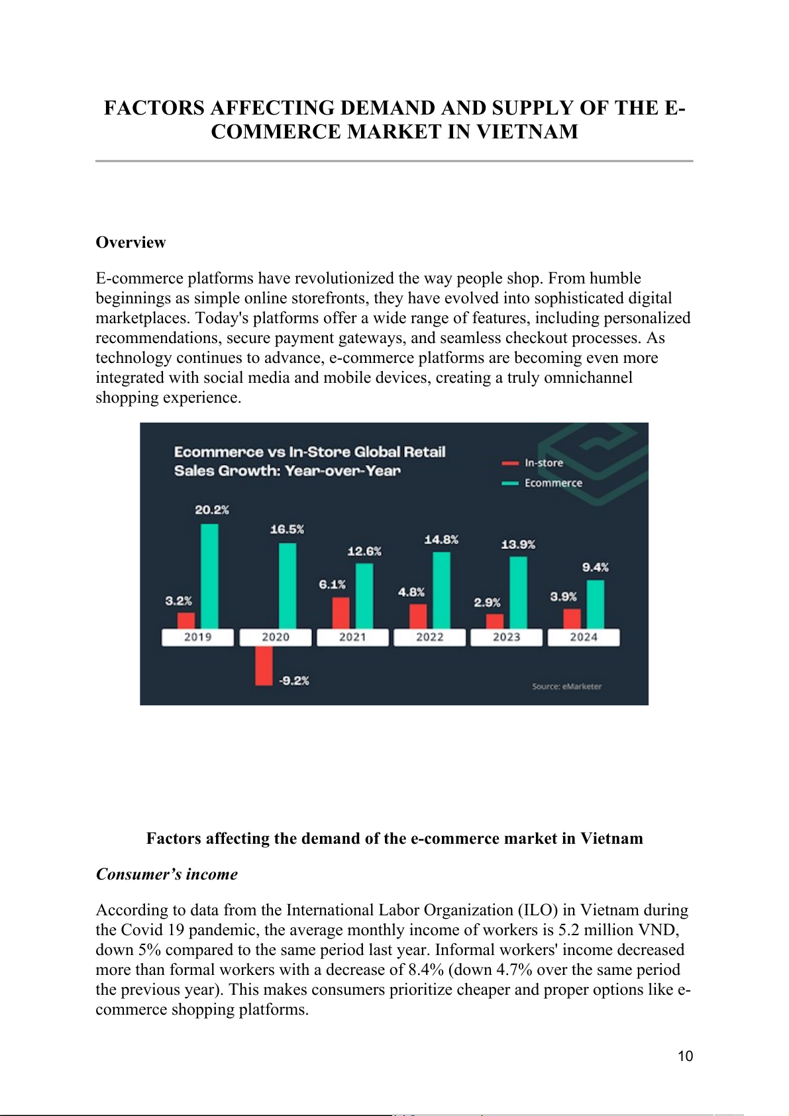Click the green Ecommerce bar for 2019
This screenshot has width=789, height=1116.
(209, 576)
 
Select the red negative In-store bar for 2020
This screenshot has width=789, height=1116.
(264, 666)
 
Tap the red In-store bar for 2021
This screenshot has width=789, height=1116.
(341, 613)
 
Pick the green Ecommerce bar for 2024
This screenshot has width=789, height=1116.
(595, 604)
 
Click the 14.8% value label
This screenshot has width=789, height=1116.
(441, 540)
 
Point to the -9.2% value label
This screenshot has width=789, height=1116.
(293, 680)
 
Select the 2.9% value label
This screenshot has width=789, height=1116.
(487, 602)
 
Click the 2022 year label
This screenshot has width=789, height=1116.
(429, 637)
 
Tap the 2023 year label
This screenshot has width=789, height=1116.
(506, 637)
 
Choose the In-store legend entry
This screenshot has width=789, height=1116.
(543, 463)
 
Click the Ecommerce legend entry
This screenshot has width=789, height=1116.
(552, 483)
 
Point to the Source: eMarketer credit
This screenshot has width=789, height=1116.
(566, 686)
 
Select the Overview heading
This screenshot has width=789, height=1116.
(131, 242)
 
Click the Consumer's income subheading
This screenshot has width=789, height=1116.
(167, 874)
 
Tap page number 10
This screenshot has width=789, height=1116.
(685, 1056)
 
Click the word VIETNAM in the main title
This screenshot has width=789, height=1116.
(527, 132)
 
